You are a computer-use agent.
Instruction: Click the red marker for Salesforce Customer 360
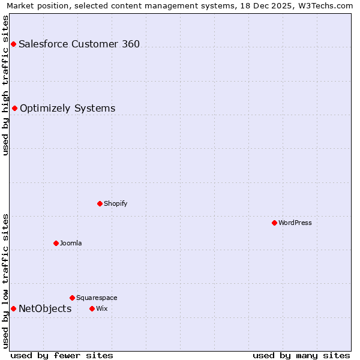13,44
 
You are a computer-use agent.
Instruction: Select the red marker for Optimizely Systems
14,108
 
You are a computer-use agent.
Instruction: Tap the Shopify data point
100,203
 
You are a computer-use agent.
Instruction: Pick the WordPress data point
274,223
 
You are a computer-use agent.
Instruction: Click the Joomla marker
56,243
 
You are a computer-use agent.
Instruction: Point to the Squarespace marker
72,298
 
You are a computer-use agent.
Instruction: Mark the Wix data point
92,308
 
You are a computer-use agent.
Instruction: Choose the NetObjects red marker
13,308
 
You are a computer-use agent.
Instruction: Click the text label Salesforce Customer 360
79,44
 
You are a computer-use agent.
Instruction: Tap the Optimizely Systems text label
67,108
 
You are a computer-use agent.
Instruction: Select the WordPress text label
295,223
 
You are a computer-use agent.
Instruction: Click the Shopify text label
116,203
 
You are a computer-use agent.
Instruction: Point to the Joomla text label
71,243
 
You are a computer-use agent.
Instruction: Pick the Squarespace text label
97,298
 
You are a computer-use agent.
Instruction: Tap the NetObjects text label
45,308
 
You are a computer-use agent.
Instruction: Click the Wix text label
101,308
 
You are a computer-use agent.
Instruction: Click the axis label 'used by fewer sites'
62,355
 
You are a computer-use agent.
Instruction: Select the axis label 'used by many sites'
301,355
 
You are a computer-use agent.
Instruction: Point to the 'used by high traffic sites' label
5,85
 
